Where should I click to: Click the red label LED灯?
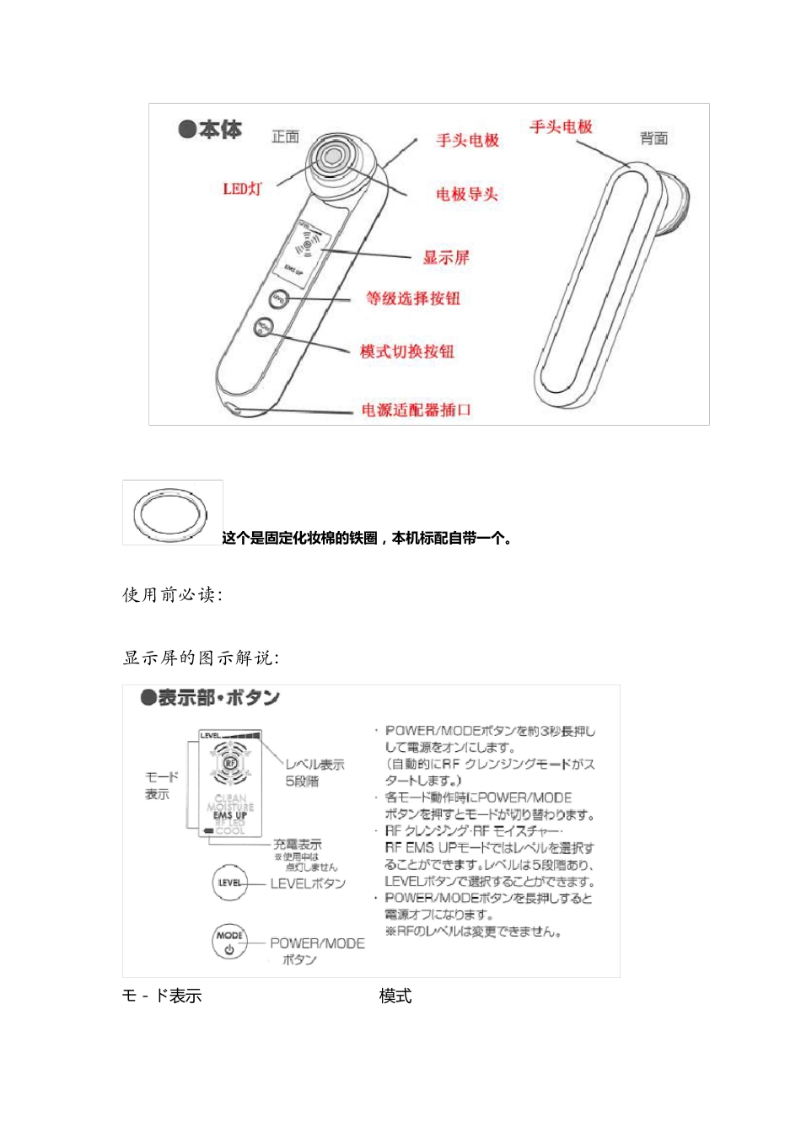(242, 189)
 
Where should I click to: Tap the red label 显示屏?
(445, 258)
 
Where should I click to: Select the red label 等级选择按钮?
(412, 298)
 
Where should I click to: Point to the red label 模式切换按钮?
(406, 352)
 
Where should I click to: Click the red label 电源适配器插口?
(416, 410)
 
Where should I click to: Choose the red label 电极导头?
(466, 195)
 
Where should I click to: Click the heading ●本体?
(210, 130)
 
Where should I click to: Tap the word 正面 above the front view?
(285, 137)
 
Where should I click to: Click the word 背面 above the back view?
(653, 138)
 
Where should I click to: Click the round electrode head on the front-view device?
(331, 158)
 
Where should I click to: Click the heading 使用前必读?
(172, 595)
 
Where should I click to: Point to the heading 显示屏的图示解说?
(201, 658)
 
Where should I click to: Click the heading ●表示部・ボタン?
(210, 698)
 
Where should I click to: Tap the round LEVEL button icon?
(229, 883)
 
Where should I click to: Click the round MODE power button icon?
(229, 942)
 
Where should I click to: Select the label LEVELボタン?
(308, 883)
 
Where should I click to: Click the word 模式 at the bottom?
(395, 996)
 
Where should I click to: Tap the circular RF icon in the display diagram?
(229, 764)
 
